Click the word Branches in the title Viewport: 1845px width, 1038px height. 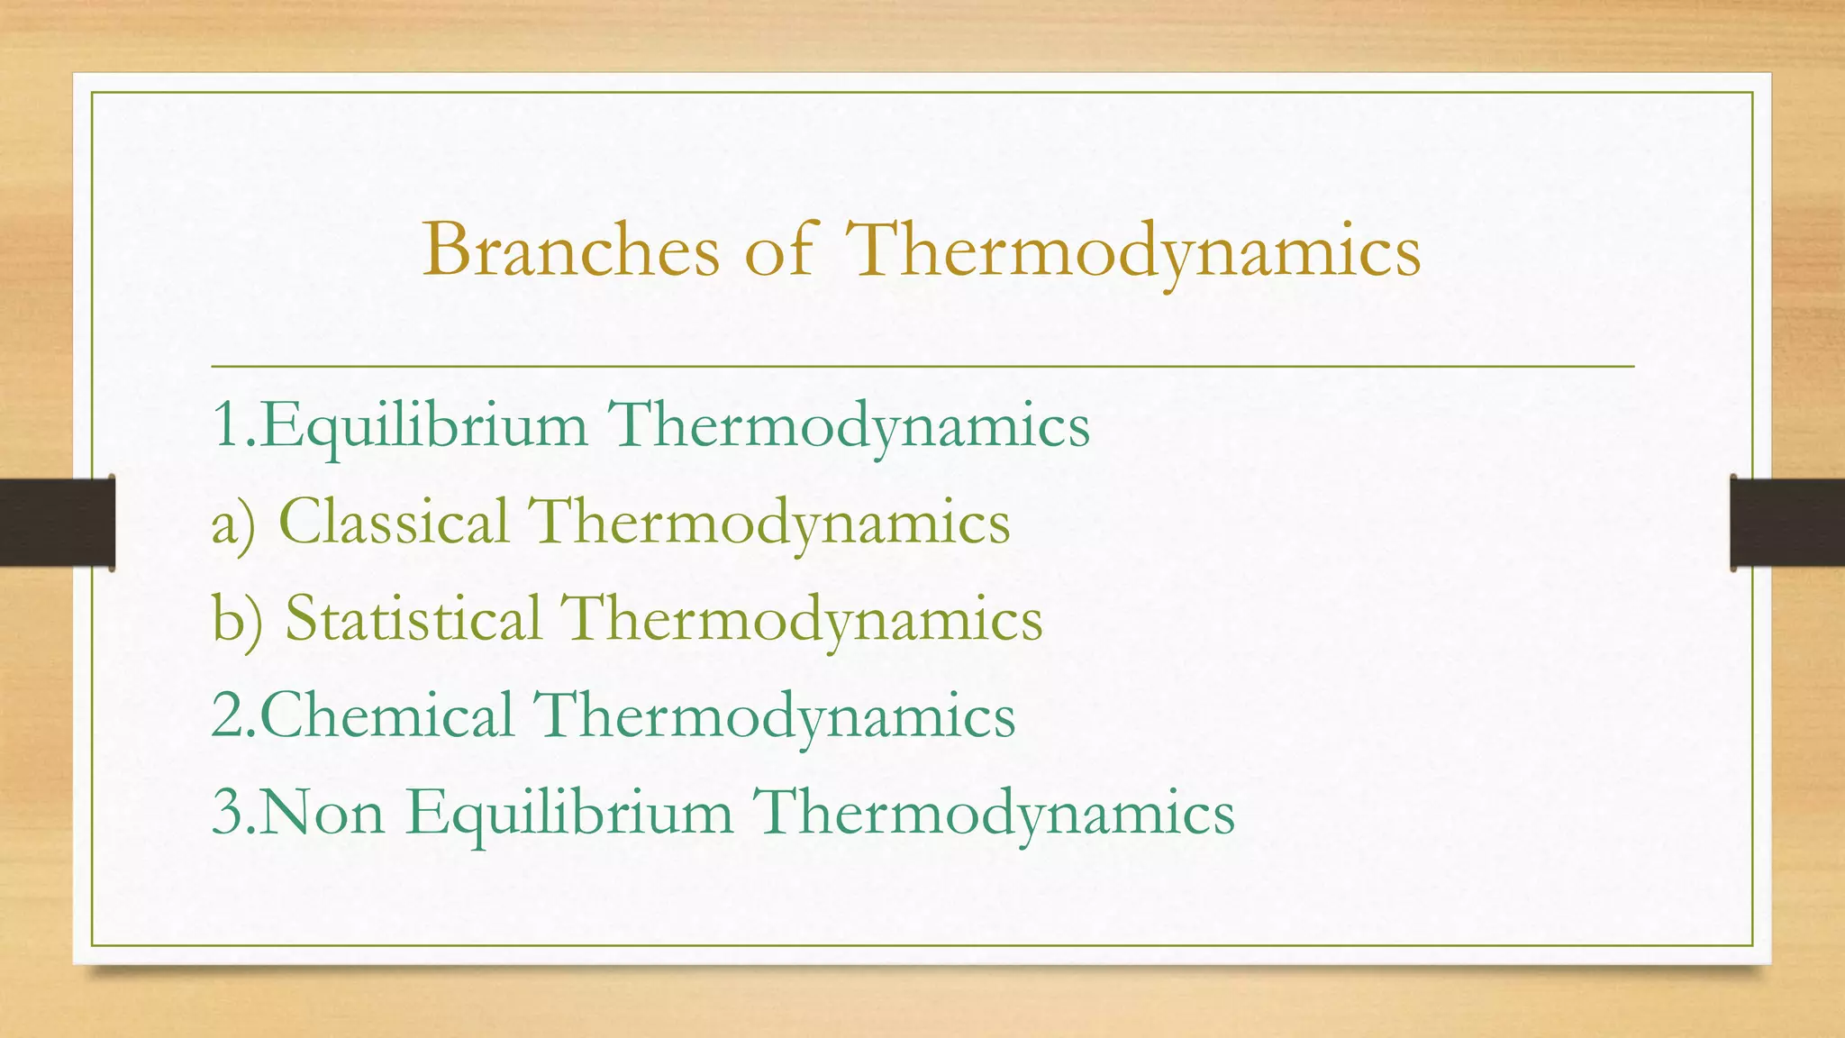coord(571,250)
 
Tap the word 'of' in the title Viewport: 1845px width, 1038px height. coord(778,250)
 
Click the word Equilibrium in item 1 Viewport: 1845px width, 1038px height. coord(423,425)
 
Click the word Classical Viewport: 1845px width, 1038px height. coord(394,522)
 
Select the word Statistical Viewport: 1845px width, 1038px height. coord(414,619)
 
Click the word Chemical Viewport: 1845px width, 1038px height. coord(387,715)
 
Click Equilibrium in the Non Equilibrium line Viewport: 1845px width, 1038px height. coord(569,814)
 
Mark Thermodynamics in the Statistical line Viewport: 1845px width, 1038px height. coord(802,621)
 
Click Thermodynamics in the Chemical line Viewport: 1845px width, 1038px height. coord(775,717)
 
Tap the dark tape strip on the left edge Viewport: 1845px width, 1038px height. coord(57,523)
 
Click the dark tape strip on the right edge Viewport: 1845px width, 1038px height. coord(1787,524)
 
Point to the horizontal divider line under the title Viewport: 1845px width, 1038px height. coord(922,367)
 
